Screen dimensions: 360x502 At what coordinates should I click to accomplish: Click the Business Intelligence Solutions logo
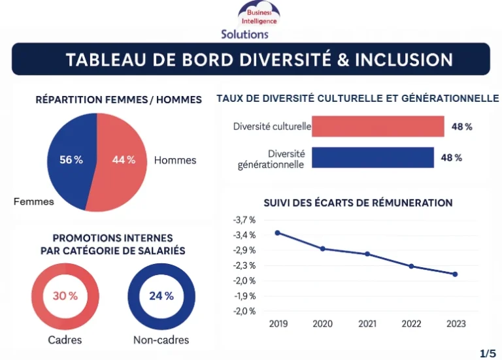click(259, 20)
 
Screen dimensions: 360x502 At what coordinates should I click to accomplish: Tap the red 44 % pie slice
click(124, 160)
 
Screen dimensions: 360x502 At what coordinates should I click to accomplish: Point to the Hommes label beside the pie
click(175, 160)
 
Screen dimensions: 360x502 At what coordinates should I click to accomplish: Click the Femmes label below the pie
click(34, 202)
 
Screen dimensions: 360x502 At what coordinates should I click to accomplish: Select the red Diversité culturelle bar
click(377, 126)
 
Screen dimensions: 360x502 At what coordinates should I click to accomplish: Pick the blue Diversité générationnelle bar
click(372, 157)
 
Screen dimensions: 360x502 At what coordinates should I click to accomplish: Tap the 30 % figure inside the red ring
click(65, 296)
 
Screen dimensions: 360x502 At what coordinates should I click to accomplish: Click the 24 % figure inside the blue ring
click(161, 296)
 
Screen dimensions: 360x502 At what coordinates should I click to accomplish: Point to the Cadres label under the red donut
click(65, 340)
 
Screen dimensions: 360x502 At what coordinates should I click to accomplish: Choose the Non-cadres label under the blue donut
click(161, 340)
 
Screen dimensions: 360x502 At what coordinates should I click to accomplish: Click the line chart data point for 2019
click(278, 233)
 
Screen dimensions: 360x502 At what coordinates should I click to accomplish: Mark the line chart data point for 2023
click(455, 274)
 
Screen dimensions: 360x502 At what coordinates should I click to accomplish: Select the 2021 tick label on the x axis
click(367, 323)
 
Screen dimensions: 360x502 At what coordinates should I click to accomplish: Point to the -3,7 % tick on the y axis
click(244, 220)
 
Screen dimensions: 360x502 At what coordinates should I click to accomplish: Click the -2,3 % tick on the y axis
click(244, 265)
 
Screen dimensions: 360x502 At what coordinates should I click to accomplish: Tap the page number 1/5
click(488, 353)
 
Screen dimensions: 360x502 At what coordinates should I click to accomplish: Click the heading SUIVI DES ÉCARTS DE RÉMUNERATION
click(358, 203)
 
